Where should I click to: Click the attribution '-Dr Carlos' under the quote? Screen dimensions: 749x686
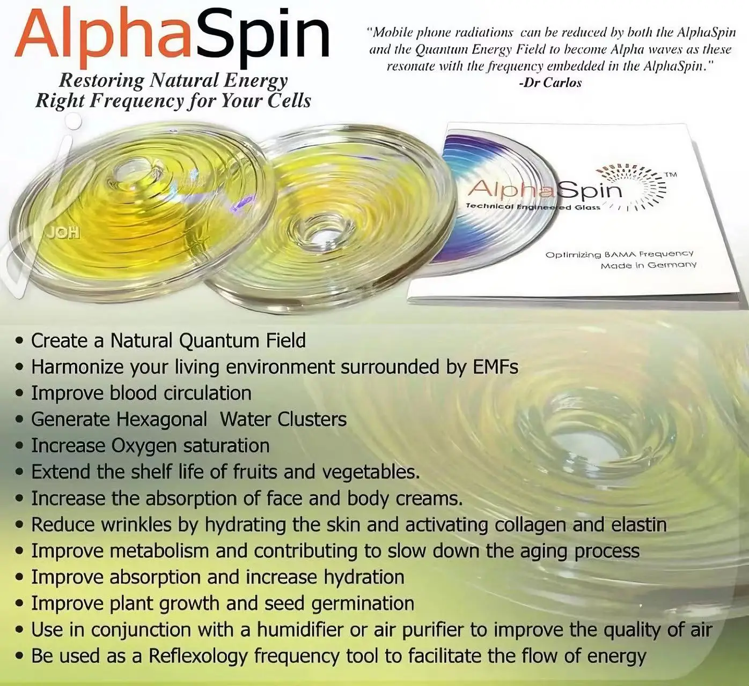[x=550, y=83]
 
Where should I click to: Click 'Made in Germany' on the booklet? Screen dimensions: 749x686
[x=649, y=265]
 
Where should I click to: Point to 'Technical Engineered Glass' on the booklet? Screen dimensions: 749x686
[x=533, y=207]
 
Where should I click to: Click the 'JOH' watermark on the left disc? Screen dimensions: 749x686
[x=63, y=233]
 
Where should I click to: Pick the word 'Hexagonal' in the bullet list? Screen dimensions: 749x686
[x=161, y=419]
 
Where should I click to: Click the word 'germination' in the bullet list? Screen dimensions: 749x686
[x=363, y=603]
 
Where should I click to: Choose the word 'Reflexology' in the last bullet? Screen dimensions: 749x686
[x=198, y=656]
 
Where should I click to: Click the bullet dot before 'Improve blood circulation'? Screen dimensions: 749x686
[x=20, y=394]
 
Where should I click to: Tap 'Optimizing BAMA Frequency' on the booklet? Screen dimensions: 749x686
[x=619, y=255]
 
